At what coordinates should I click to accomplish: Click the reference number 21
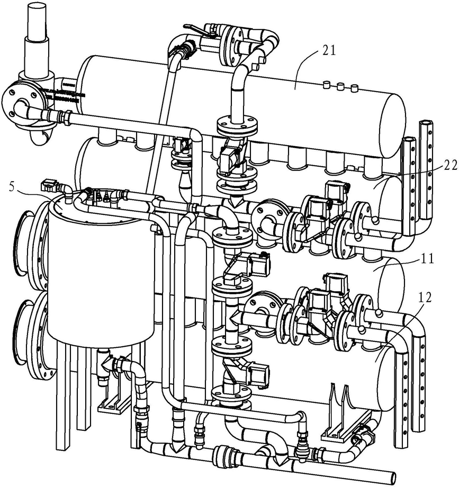coord(329,50)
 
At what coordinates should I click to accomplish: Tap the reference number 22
coord(449,165)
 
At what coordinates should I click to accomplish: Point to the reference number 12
coord(425,298)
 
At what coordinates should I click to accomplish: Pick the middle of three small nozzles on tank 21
coord(340,87)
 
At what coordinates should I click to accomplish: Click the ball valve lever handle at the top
coord(198,30)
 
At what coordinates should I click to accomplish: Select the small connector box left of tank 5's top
coord(49,185)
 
